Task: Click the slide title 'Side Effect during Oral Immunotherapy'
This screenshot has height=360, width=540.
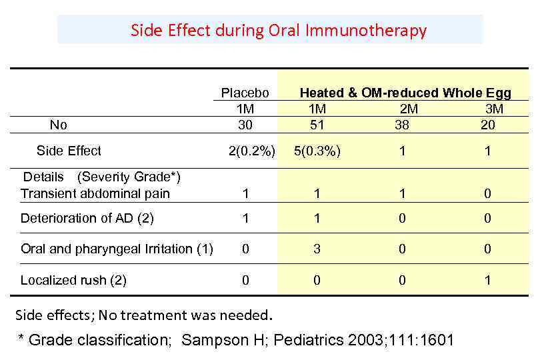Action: point(278,31)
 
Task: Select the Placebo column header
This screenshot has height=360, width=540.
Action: point(245,93)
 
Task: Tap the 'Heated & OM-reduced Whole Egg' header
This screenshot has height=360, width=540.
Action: point(405,93)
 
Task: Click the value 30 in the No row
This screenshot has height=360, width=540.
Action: point(245,125)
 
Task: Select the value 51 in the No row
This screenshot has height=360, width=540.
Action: point(317,125)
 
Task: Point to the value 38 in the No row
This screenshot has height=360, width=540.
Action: point(402,125)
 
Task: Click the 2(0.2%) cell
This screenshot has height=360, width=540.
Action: point(251,151)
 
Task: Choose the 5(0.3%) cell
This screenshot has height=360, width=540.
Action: point(317,151)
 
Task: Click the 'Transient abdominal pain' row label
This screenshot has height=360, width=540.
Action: point(95,194)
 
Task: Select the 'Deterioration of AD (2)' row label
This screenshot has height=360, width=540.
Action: point(87,218)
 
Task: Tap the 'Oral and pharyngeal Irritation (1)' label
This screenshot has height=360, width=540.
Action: point(117,249)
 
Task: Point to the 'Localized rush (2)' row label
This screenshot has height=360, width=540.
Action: point(73,280)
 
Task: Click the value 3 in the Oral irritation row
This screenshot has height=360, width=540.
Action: point(317,249)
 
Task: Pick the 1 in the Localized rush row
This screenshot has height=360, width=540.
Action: point(487,280)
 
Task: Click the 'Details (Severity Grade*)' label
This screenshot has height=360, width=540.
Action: point(102,177)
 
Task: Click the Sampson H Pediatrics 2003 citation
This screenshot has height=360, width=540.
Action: point(317,340)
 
